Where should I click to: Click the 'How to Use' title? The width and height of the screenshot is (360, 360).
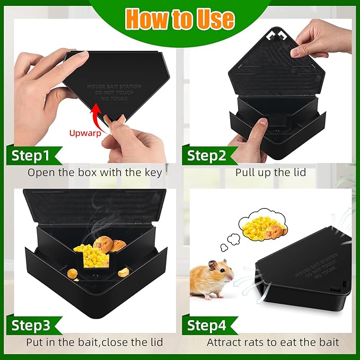click(180, 19)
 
